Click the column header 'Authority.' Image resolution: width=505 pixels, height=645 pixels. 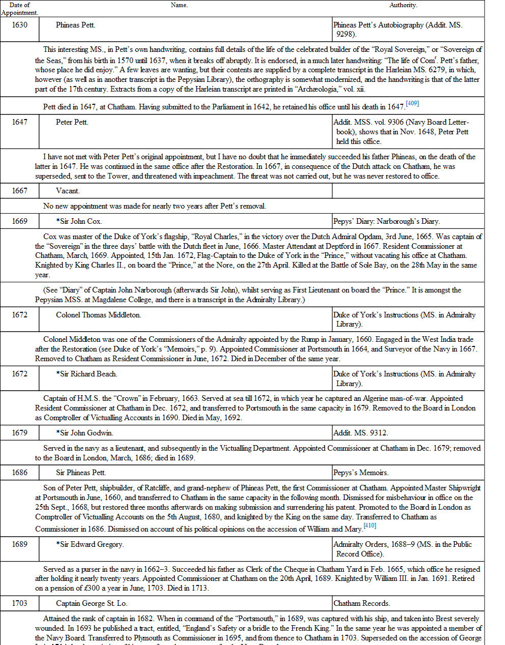(403, 5)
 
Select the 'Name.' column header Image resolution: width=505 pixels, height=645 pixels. (179, 5)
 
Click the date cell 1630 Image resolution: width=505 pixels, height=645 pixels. (20, 25)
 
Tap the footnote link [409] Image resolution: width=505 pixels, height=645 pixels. (412, 103)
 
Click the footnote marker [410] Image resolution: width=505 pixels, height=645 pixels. (370, 525)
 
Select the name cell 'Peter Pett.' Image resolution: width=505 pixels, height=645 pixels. (72, 122)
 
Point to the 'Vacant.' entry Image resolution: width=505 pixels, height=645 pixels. (68, 191)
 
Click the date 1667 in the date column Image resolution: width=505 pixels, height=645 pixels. (20, 191)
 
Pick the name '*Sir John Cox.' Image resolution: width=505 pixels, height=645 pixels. (79, 221)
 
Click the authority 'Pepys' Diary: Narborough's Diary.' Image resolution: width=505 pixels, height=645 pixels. (387, 221)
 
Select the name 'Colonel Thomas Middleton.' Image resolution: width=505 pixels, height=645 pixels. (98, 315)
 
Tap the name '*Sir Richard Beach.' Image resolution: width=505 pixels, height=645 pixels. (87, 374)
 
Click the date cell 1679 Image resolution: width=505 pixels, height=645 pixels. (20, 433)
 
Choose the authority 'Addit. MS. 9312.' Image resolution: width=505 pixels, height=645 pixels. (360, 433)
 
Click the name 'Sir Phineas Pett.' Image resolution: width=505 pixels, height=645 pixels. (81, 473)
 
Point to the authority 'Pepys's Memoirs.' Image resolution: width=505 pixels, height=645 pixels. (361, 473)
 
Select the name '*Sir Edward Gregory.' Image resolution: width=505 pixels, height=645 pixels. (90, 544)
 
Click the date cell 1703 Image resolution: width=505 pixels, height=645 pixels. (20, 603)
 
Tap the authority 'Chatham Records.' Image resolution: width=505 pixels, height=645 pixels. (362, 603)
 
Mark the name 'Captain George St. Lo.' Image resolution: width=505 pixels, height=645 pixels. (92, 603)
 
